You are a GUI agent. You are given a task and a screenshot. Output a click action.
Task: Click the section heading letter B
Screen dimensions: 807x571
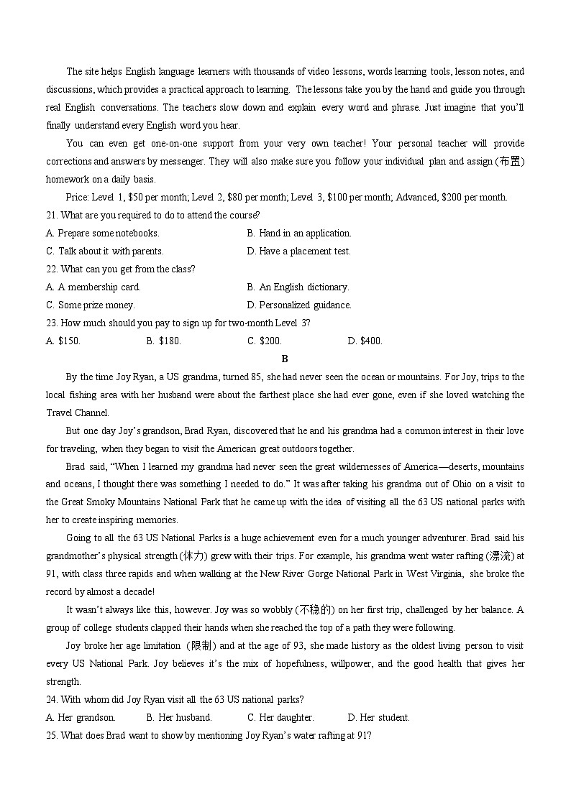coord(285,359)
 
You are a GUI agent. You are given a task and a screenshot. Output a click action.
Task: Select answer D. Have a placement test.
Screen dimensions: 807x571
coord(298,251)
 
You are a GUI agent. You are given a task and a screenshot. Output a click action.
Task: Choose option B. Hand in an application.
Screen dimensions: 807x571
coord(298,233)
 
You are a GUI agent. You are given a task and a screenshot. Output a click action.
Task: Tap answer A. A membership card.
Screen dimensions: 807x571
coord(93,287)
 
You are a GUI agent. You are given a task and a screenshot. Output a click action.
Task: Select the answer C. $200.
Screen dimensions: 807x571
coord(265,341)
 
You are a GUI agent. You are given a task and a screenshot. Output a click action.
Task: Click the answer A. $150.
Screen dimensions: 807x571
coord(63,341)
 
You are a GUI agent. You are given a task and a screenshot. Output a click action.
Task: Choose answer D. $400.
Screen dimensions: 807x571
coord(365,341)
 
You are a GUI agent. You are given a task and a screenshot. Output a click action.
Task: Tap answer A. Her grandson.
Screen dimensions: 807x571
coord(81,717)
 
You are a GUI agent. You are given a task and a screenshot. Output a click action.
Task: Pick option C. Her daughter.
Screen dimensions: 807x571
coord(280,717)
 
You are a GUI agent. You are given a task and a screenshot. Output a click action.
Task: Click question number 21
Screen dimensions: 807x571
coord(51,215)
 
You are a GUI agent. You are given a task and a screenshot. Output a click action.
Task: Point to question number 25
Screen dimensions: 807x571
coord(51,735)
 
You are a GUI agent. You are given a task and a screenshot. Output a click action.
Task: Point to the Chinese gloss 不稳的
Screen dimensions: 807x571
coord(317,609)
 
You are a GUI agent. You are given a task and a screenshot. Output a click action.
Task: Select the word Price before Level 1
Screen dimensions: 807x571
coord(77,197)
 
